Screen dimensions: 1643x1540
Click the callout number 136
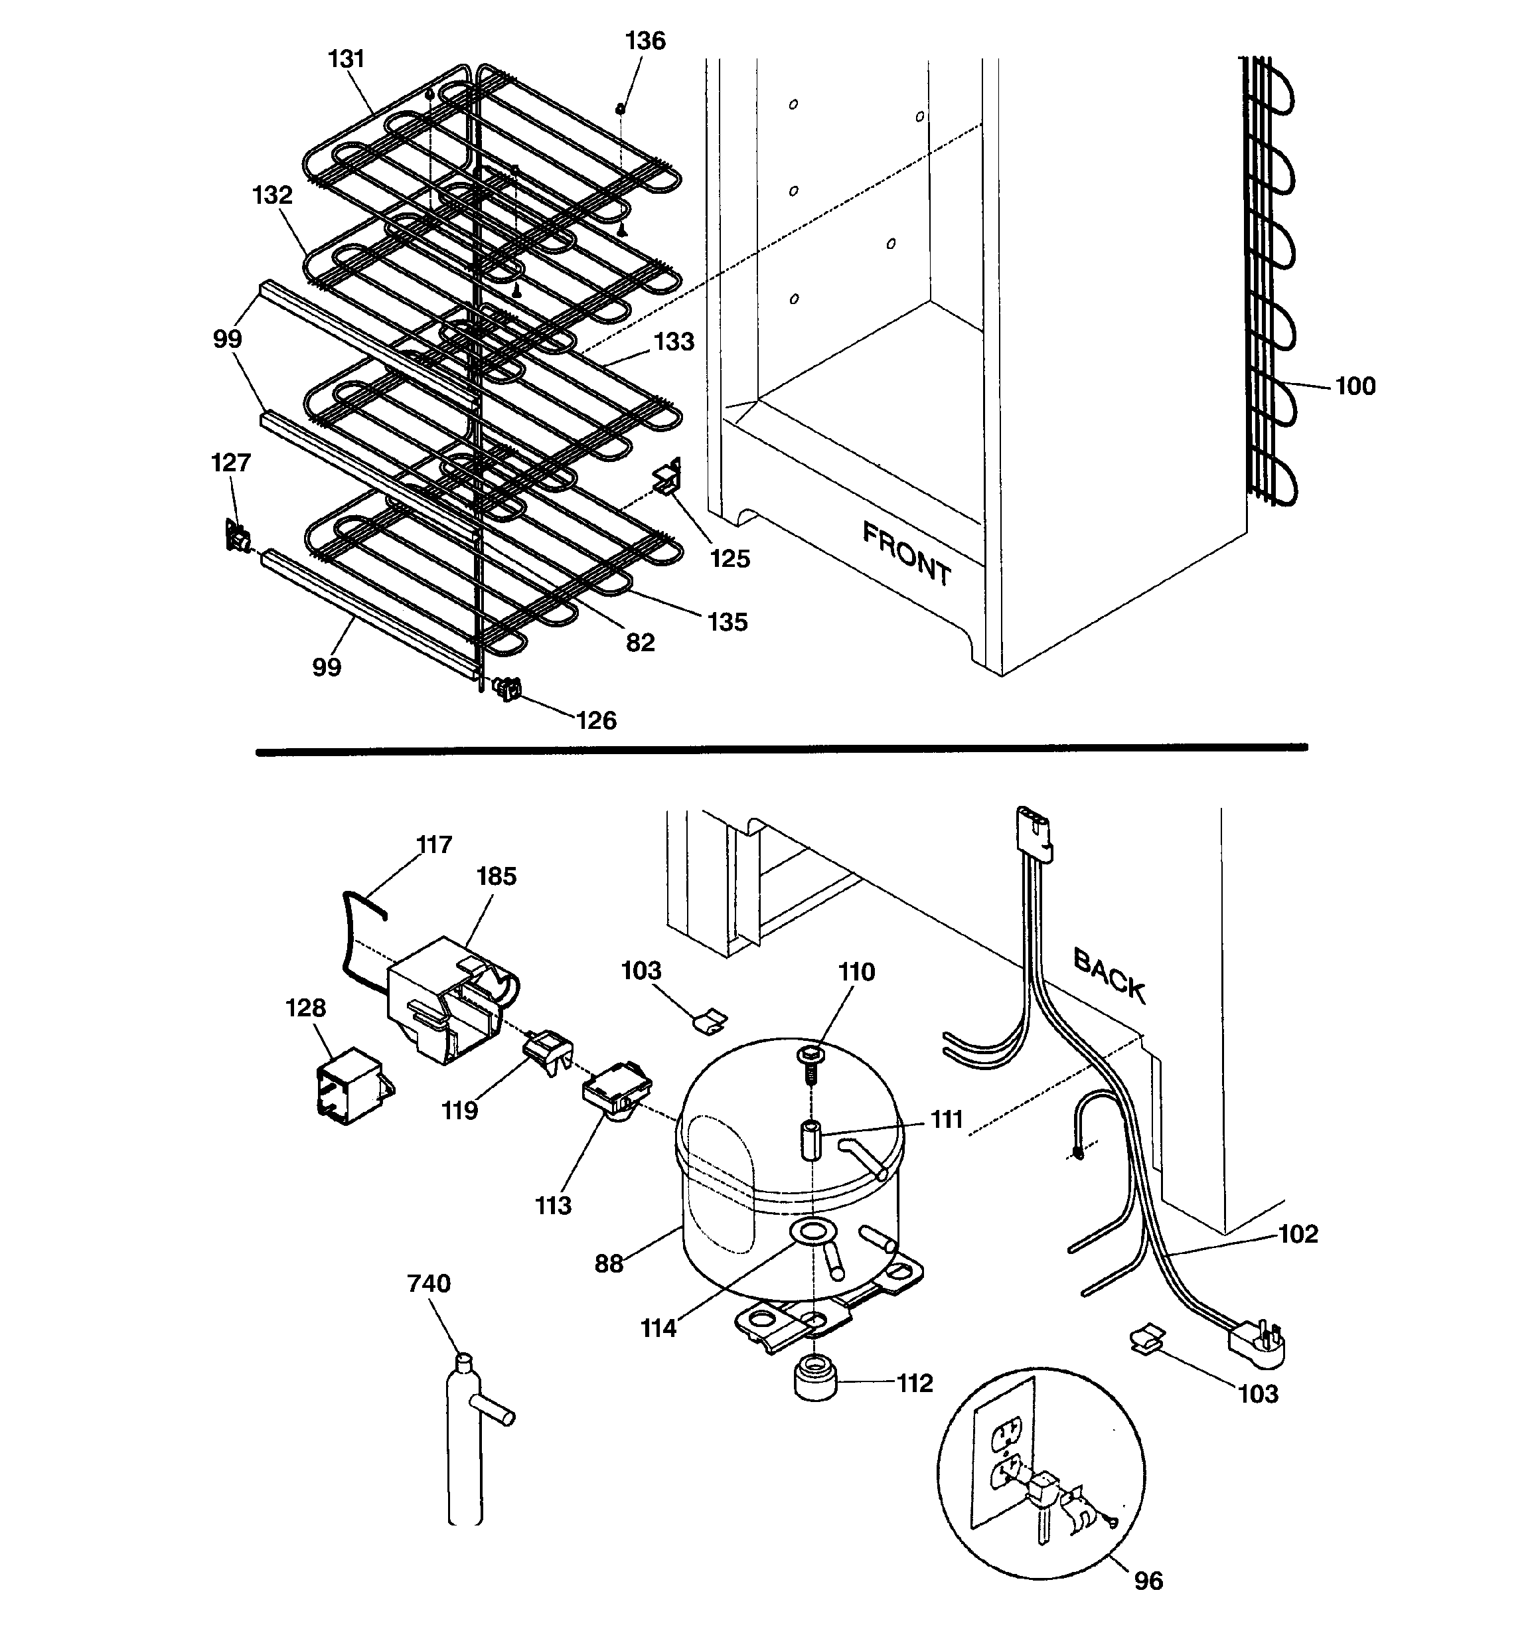click(x=645, y=40)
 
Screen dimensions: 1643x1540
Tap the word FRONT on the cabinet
click(x=907, y=554)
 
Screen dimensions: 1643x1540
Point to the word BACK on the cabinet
click(x=1109, y=976)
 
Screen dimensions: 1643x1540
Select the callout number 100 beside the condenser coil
click(x=1355, y=386)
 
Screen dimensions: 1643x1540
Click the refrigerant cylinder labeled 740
click(x=465, y=1438)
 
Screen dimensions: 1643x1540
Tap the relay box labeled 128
click(x=353, y=1084)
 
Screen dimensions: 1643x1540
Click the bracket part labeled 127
click(x=237, y=536)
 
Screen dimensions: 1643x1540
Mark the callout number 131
click(x=346, y=58)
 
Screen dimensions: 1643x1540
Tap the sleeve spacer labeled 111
click(x=810, y=1140)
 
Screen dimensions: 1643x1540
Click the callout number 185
click(x=496, y=876)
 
